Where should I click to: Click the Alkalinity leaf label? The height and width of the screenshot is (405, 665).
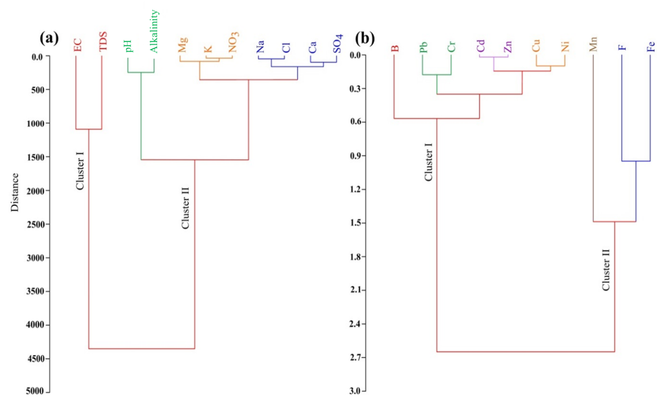coord(154,31)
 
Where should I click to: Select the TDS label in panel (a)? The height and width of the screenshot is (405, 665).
coord(103,41)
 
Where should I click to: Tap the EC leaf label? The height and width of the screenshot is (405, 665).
coord(77,45)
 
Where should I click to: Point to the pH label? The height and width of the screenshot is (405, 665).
coord(128,46)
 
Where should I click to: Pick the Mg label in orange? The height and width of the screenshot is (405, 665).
coord(183,45)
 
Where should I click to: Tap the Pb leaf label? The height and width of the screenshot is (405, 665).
coord(423,47)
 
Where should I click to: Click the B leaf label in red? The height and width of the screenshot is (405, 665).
coord(394,49)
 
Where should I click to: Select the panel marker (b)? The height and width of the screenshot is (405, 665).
coord(365,39)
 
